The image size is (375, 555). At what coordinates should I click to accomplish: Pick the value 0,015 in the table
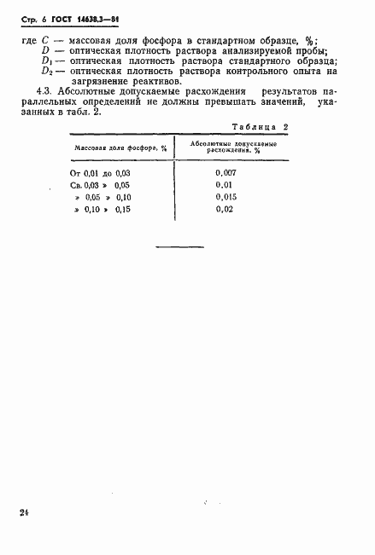(x=226, y=196)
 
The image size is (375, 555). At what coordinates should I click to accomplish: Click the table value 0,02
(x=223, y=209)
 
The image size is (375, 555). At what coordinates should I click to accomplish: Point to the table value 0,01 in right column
(x=224, y=184)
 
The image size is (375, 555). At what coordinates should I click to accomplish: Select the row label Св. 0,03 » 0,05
(x=100, y=184)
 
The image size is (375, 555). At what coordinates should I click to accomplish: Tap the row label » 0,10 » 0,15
(x=103, y=209)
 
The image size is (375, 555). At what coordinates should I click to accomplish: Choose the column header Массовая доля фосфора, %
(x=108, y=147)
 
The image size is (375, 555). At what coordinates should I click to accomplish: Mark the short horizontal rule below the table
(x=179, y=246)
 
